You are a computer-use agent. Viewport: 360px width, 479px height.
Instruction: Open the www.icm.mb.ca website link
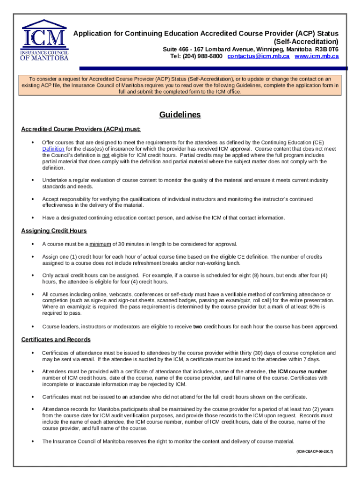(x=317, y=56)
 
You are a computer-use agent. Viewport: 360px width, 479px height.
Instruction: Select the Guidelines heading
(x=180, y=115)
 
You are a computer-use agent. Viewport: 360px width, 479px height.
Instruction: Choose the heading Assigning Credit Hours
(x=54, y=231)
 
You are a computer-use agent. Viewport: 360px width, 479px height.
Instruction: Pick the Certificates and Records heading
(x=56, y=340)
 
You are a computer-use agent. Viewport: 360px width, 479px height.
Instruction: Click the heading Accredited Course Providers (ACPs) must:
(x=81, y=129)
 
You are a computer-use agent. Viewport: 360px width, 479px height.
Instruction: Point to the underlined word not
(x=106, y=155)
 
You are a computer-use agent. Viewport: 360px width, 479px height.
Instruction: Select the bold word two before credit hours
(x=198, y=327)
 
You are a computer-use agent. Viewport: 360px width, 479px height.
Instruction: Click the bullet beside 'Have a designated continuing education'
(x=32, y=218)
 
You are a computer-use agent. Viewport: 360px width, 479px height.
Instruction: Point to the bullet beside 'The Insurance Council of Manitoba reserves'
(x=32, y=441)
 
